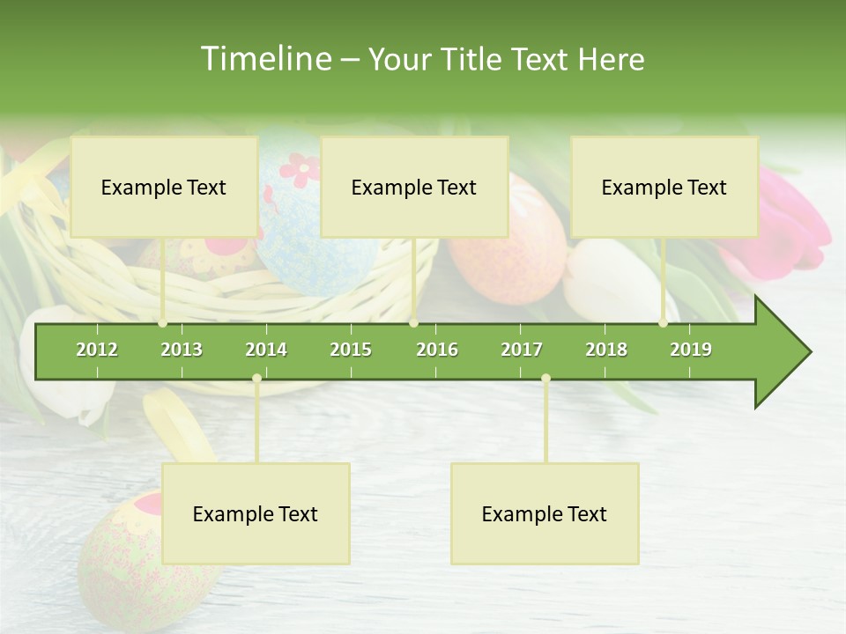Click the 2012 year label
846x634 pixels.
(97, 350)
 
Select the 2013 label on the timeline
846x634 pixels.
(182, 350)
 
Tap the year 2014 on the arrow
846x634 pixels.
(266, 350)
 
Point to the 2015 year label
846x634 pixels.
(351, 350)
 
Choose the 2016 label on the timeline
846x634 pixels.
(437, 350)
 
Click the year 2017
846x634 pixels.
(522, 350)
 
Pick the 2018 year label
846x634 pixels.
(606, 350)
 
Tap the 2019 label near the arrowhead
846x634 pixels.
(691, 350)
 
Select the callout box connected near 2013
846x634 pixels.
(164, 187)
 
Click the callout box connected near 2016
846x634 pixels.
(414, 187)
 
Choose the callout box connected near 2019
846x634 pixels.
(664, 187)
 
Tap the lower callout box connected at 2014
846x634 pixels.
(256, 513)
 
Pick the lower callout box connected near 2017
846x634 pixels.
(545, 513)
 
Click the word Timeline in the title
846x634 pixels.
(264, 59)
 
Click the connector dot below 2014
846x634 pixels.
(256, 379)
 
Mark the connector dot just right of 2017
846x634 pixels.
(545, 379)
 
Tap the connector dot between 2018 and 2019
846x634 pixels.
(663, 323)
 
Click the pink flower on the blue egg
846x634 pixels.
(301, 169)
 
